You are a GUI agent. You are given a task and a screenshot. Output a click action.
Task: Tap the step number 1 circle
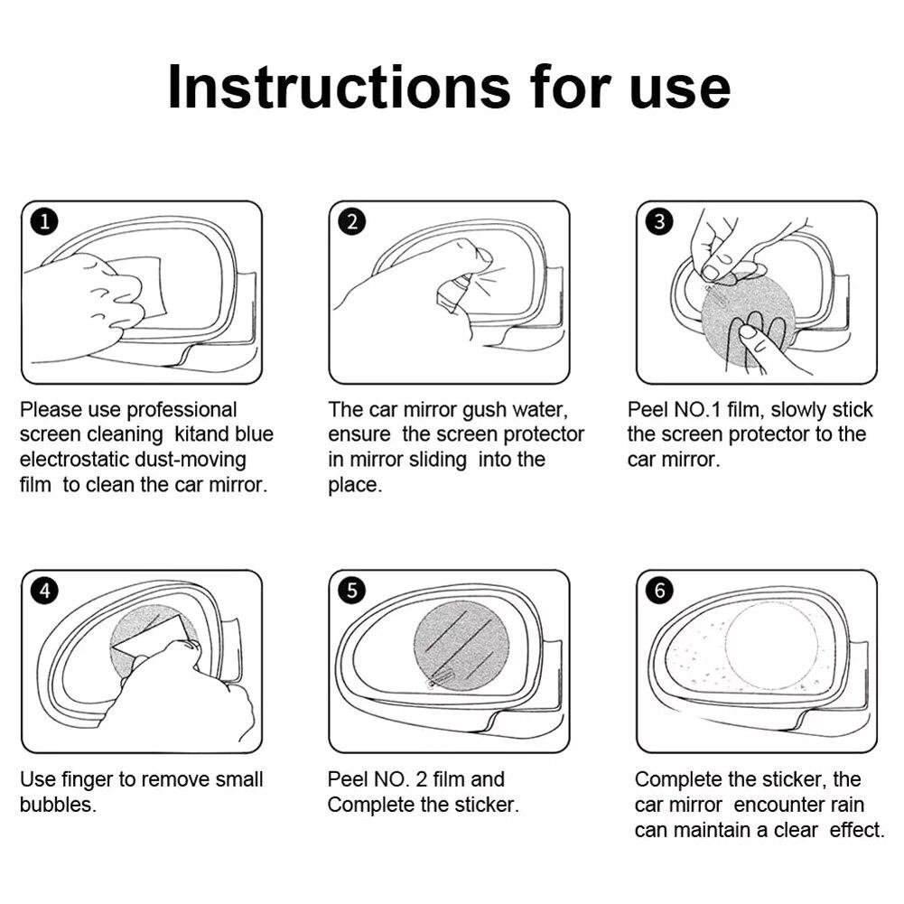45,222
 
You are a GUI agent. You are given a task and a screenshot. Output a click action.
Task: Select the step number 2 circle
352,222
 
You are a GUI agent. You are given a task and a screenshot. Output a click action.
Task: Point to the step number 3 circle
659,222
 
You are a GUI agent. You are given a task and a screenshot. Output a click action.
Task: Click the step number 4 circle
45,591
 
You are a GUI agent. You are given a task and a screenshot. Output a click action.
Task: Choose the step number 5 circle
352,591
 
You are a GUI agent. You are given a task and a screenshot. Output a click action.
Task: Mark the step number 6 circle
659,591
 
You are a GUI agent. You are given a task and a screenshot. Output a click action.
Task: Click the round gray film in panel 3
749,323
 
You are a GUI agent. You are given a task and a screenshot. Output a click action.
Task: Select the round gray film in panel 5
461,646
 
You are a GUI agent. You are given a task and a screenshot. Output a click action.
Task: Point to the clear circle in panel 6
771,647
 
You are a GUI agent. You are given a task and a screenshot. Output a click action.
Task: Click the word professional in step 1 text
181,410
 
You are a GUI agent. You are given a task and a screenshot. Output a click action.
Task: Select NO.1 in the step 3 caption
697,410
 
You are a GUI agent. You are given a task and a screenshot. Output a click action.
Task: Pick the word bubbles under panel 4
58,805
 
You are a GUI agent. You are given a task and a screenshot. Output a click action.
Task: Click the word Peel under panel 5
347,779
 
